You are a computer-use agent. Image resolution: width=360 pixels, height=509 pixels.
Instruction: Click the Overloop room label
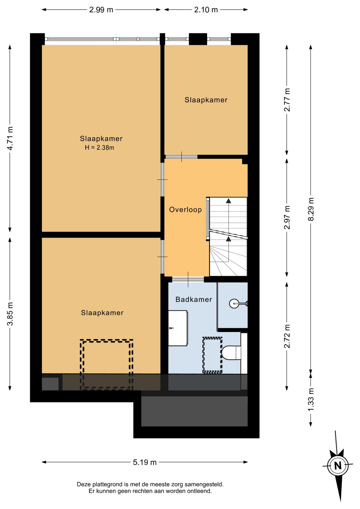click(x=185, y=210)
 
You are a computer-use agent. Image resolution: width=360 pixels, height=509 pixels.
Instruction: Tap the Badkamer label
click(x=194, y=300)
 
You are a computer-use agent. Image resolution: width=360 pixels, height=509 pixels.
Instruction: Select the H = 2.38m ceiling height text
click(x=99, y=148)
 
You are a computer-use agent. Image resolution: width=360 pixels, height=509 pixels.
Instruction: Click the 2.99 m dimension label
click(x=101, y=10)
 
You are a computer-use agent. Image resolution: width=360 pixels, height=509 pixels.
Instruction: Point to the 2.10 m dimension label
click(x=206, y=10)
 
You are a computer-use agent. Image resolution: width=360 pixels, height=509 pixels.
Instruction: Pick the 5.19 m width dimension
click(x=145, y=462)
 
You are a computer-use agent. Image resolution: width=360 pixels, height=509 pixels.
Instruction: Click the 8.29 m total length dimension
click(x=311, y=209)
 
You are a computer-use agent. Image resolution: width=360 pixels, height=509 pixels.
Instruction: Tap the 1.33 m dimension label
click(x=311, y=400)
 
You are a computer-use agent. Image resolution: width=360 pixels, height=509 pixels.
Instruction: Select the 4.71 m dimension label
click(x=10, y=138)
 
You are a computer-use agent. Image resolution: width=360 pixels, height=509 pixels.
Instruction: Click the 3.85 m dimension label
click(x=10, y=314)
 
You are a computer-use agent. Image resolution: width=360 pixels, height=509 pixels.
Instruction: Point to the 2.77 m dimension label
click(x=287, y=100)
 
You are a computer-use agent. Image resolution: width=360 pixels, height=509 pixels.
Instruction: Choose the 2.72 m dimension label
click(x=287, y=336)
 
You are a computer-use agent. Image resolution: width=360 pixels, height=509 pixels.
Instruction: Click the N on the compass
click(x=338, y=466)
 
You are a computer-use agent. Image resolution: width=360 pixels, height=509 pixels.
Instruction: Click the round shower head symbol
click(x=234, y=304)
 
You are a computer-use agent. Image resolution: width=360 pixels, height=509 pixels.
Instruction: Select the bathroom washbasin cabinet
click(x=178, y=328)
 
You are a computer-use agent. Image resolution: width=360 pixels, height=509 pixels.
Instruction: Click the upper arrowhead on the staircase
click(x=229, y=201)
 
